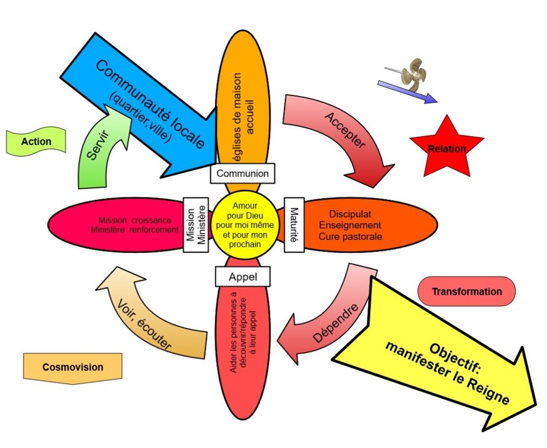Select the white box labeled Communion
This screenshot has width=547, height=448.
click(243, 173)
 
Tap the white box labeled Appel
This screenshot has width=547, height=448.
click(242, 276)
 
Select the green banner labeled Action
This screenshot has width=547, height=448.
click(36, 142)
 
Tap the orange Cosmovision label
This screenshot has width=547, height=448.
click(73, 367)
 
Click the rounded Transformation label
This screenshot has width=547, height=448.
click(466, 292)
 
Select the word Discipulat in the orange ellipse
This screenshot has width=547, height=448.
click(349, 213)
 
